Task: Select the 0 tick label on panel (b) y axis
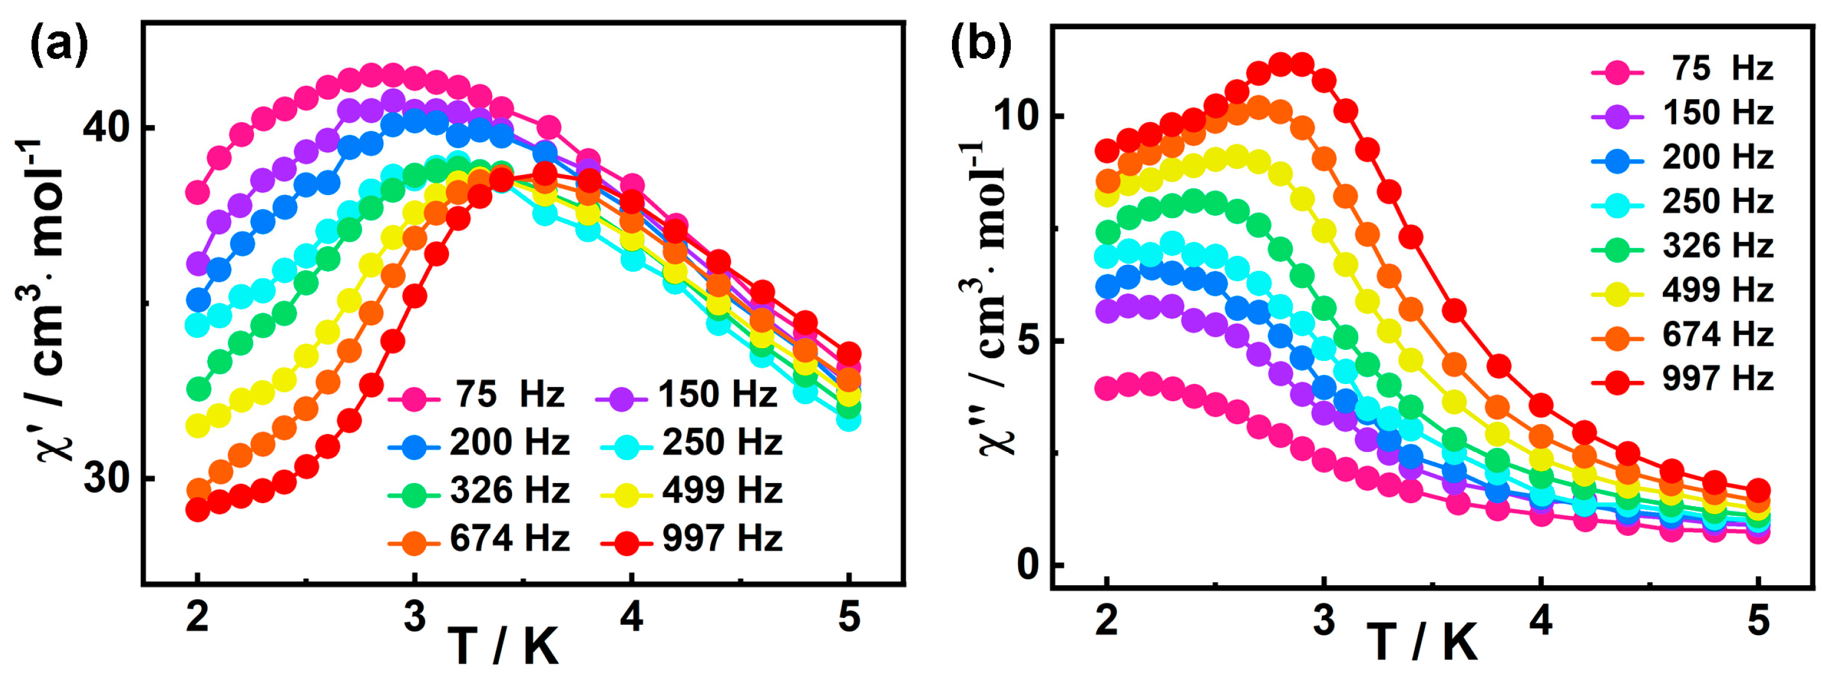point(1028,565)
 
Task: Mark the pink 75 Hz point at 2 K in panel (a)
point(197,192)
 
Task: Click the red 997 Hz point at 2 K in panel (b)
point(1107,151)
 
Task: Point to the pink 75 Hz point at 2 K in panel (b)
point(1107,389)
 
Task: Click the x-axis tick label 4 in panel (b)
point(1540,620)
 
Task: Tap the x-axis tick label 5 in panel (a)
point(849,617)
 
